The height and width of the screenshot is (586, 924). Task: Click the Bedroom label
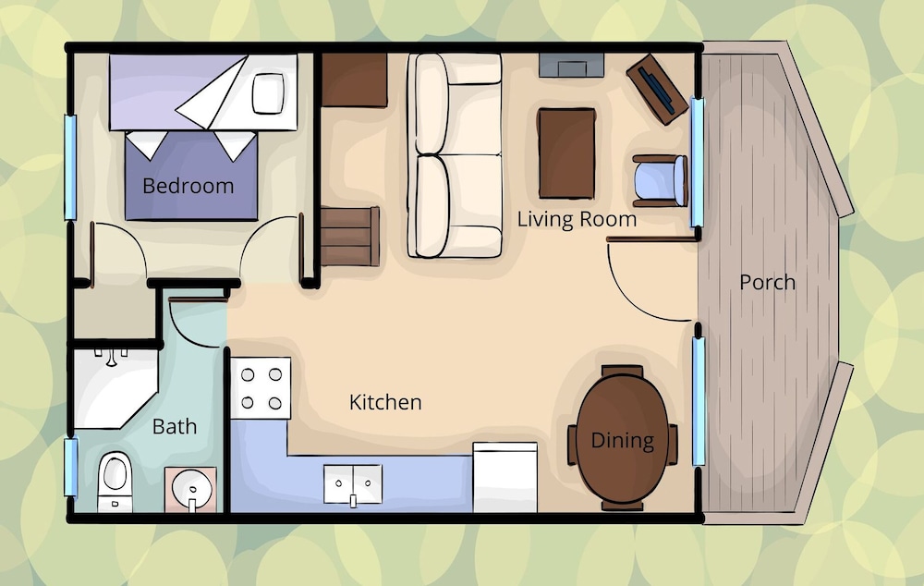(188, 186)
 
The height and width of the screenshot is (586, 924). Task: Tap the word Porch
(767, 283)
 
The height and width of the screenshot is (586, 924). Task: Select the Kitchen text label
(385, 402)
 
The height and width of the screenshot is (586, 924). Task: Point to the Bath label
(175, 426)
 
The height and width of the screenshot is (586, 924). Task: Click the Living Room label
(577, 219)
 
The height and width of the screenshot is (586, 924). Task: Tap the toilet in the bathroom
(115, 482)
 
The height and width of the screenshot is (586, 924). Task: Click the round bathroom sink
(191, 489)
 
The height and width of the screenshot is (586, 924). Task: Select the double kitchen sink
(352, 484)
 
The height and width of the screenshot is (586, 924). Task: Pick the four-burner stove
(261, 388)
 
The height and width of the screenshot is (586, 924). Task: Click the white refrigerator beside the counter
(505, 477)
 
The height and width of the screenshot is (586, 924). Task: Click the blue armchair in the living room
(660, 180)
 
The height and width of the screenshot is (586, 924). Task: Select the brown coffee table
(566, 153)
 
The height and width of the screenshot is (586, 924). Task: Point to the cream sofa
(455, 155)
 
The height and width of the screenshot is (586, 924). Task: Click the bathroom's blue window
(71, 467)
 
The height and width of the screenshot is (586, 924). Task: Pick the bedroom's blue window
(71, 167)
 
